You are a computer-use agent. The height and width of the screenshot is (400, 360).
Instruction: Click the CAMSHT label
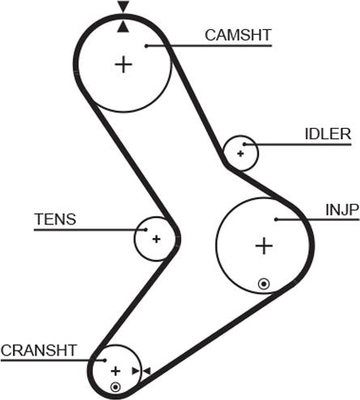pyautogui.click(x=238, y=35)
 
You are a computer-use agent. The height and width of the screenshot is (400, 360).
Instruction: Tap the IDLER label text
pyautogui.click(x=328, y=134)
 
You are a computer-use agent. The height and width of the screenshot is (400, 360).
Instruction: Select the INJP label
pyautogui.click(x=342, y=210)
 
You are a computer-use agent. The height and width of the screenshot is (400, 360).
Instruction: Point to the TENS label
pyautogui.click(x=55, y=219)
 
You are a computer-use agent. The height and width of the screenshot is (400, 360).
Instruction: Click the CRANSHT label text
pyautogui.click(x=39, y=351)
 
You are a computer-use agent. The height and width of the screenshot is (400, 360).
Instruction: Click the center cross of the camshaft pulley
pyautogui.click(x=124, y=65)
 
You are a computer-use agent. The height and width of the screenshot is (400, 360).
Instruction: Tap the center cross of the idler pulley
pyautogui.click(x=240, y=154)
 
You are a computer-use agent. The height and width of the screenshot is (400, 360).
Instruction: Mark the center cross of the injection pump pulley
pyautogui.click(x=264, y=246)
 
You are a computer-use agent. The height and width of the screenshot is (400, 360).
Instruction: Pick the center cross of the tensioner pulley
pyautogui.click(x=156, y=239)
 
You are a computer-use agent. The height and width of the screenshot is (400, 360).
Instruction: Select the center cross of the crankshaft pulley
pyautogui.click(x=116, y=372)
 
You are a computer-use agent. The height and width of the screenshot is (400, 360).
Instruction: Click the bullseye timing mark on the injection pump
pyautogui.click(x=264, y=284)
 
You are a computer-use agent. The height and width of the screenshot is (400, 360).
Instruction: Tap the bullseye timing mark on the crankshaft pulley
pyautogui.click(x=116, y=387)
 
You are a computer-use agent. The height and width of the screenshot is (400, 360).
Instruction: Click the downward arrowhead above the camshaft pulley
pyautogui.click(x=123, y=6)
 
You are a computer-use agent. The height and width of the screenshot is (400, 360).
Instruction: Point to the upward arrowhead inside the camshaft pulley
pyautogui.click(x=123, y=27)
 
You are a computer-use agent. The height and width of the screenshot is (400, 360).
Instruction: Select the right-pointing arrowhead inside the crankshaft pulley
pyautogui.click(x=135, y=371)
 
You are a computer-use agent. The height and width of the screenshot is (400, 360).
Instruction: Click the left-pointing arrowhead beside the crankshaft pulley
pyautogui.click(x=146, y=371)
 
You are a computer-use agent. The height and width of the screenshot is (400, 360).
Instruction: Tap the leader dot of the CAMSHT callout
pyautogui.click(x=146, y=46)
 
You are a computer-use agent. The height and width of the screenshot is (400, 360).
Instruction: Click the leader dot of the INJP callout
pyautogui.click(x=276, y=219)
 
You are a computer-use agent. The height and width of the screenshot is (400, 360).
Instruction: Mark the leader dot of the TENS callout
pyautogui.click(x=146, y=230)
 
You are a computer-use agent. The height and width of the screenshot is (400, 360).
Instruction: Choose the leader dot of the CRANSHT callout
pyautogui.click(x=105, y=360)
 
